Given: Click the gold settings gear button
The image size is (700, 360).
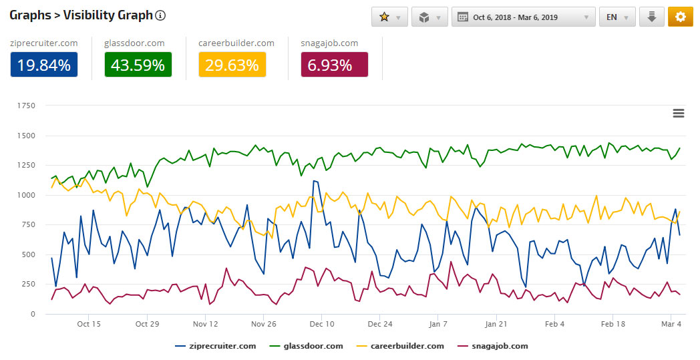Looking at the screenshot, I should point(680,17).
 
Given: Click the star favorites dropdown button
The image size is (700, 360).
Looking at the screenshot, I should point(389,17).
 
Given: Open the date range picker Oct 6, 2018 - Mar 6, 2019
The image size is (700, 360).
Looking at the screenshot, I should point(523,17).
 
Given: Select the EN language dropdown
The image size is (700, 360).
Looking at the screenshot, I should point(617,17).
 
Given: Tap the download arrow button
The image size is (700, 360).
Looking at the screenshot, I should point(652,17).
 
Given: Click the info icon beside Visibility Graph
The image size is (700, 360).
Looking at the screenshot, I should point(160,16).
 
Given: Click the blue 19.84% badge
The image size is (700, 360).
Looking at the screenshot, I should point(44,65).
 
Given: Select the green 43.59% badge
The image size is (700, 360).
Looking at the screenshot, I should point(138,65).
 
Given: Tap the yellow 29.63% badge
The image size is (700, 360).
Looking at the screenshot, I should point(232,65).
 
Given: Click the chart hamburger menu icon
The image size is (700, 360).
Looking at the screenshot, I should point(679,114).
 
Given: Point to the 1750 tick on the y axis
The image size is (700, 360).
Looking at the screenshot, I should point(27,106).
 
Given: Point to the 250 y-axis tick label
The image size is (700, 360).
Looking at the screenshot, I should point(29,284).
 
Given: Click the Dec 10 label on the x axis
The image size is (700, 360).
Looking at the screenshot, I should point(322,324).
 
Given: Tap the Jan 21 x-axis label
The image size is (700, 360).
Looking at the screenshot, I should point(496,324).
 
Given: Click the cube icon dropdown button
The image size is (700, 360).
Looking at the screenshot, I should point(429,17).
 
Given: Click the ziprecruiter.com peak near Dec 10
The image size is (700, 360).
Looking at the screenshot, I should point(314,180).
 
